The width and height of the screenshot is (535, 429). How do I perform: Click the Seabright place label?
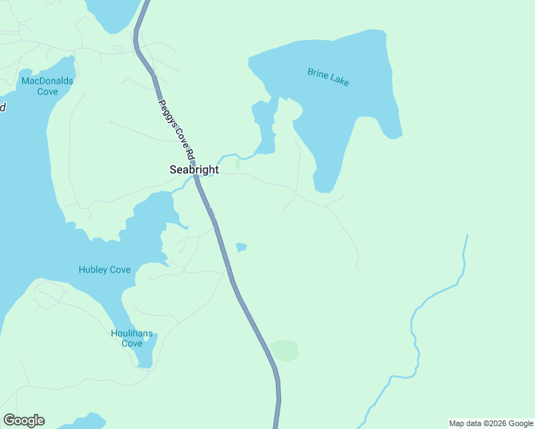tap(194, 170)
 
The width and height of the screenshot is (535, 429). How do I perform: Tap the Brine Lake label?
tap(328, 77)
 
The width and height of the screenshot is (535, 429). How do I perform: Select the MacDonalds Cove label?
tap(47, 86)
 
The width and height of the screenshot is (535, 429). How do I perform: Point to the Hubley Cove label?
tap(104, 270)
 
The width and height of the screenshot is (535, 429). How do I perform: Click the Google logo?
tap(24, 420)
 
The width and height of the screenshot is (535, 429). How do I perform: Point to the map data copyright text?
tap(490, 423)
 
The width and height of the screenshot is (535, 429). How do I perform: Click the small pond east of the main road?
tap(241, 247)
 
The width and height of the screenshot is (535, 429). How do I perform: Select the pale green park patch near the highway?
tap(284, 350)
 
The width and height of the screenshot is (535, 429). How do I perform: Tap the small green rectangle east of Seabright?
tap(237, 164)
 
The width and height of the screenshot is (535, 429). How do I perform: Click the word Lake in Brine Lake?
tap(339, 80)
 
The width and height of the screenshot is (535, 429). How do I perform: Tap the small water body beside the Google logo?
tap(86, 421)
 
